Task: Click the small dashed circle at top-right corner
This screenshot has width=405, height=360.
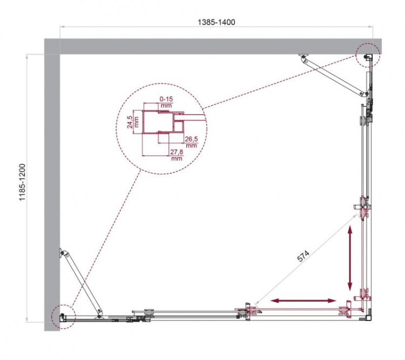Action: pos(368,55)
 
